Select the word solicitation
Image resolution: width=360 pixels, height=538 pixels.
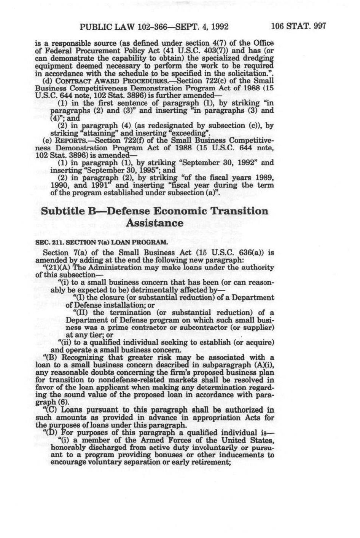click(244, 73)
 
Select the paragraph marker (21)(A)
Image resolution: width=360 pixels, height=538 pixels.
click(62, 267)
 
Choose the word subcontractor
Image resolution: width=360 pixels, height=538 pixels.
click(207, 327)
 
